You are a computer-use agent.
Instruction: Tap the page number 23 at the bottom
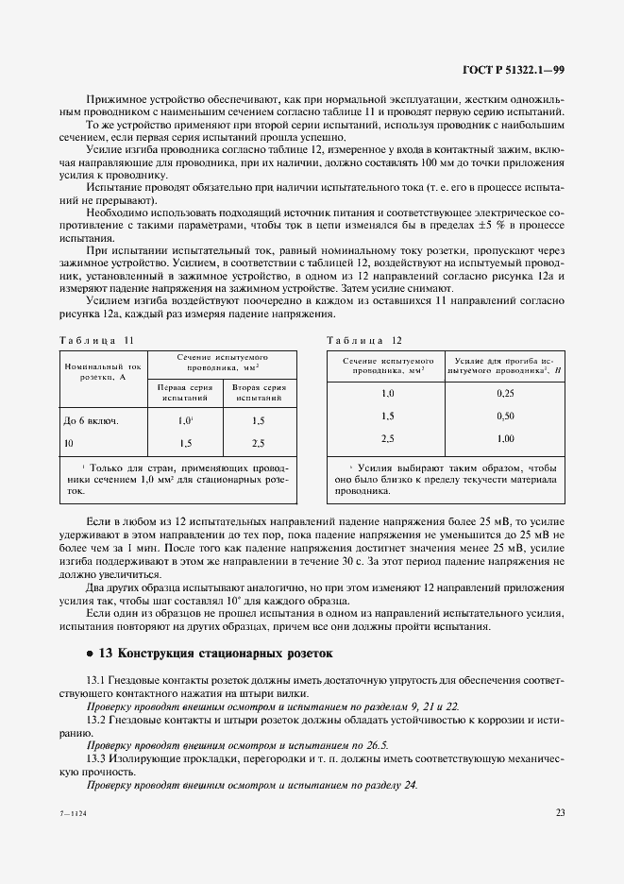(x=560, y=811)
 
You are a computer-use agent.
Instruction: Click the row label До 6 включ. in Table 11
(x=91, y=420)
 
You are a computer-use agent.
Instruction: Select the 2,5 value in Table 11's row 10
(x=257, y=442)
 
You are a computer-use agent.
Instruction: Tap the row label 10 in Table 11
(x=68, y=442)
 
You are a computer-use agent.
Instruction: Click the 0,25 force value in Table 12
(x=505, y=393)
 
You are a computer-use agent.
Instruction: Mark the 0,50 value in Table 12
(x=505, y=416)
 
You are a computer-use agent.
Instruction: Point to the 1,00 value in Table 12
(x=505, y=438)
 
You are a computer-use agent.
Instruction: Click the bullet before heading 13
(x=89, y=654)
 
